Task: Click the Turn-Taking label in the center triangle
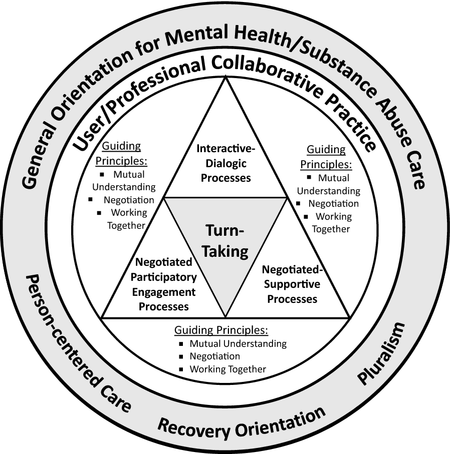226,240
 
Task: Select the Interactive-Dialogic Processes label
224,163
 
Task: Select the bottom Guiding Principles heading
221,330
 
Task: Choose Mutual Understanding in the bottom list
238,344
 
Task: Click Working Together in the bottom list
228,369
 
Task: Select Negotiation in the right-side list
333,204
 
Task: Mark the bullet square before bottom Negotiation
181,357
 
